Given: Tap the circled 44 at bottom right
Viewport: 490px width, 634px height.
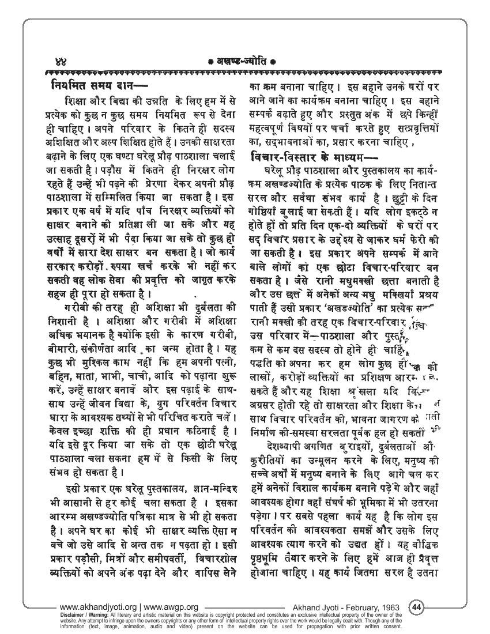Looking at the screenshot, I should click(x=416, y=606).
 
